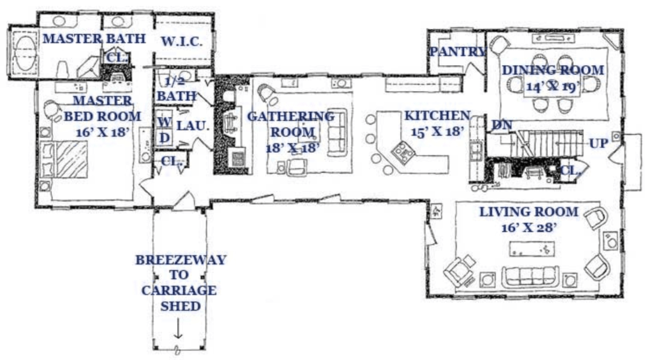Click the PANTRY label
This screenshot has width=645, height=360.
(x=458, y=52)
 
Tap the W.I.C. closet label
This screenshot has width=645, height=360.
(x=181, y=42)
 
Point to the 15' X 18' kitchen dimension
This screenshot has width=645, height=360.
(x=437, y=131)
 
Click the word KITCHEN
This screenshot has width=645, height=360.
(x=437, y=116)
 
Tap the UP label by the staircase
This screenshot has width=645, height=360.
(x=598, y=143)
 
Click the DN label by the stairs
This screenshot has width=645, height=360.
(x=502, y=125)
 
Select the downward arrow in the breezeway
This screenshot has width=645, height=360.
(x=178, y=328)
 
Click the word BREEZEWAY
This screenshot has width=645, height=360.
(x=181, y=260)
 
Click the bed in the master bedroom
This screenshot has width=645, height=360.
(x=65, y=160)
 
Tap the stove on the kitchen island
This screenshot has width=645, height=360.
(x=403, y=153)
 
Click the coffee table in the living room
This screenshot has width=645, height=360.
(x=532, y=249)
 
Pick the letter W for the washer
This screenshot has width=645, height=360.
(x=163, y=122)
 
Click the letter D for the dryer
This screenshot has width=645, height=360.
(x=165, y=138)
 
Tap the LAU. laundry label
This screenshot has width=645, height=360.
(x=193, y=126)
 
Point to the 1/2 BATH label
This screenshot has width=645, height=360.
(x=177, y=89)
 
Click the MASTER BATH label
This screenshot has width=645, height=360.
(x=94, y=39)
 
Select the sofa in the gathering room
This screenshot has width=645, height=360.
(x=337, y=132)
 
